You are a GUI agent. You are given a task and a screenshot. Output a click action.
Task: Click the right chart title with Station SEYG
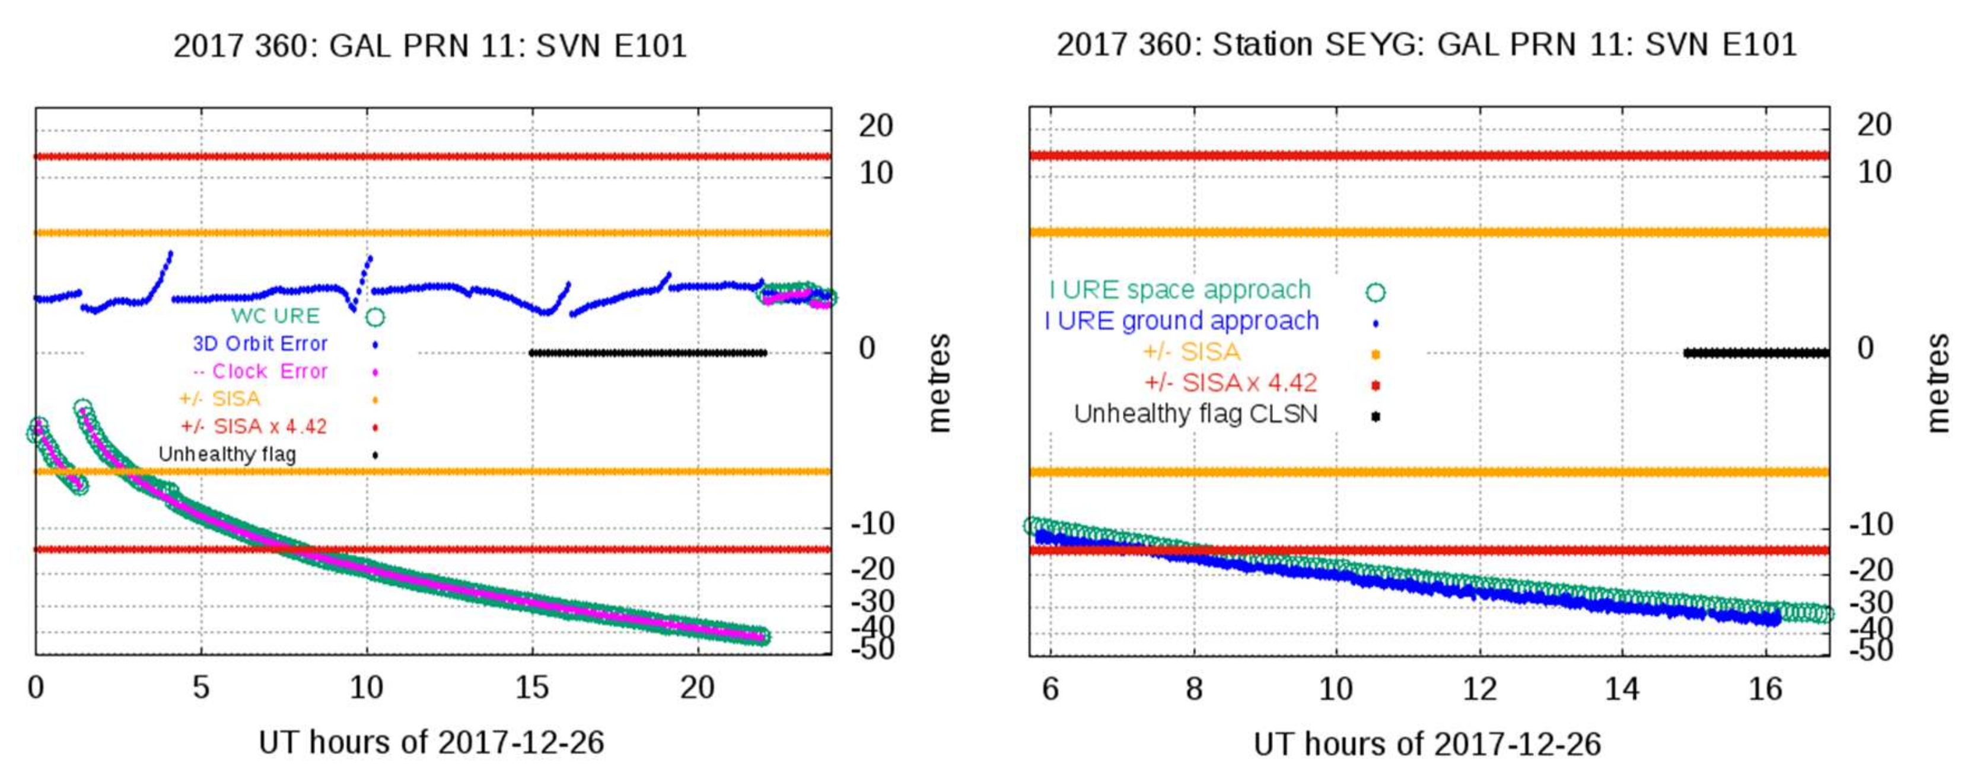tap(1426, 44)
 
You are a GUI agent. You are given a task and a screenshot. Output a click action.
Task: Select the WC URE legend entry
tap(276, 315)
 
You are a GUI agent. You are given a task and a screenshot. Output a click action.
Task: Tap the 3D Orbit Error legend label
tap(260, 343)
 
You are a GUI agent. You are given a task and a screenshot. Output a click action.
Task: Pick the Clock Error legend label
tap(260, 371)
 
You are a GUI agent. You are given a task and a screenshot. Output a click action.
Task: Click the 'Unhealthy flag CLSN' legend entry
tap(1195, 414)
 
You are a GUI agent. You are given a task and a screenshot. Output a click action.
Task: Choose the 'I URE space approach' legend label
tap(1180, 290)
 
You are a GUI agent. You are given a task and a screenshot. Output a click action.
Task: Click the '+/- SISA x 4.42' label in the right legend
tap(1231, 382)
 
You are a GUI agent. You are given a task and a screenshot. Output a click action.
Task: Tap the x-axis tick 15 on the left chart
tap(532, 688)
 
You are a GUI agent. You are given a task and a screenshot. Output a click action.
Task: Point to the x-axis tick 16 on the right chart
tap(1766, 689)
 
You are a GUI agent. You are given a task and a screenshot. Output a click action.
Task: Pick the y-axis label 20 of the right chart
tap(1874, 125)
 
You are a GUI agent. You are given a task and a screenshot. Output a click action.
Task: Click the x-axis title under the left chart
tap(431, 742)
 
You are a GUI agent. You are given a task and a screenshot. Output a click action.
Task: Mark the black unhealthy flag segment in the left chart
tap(648, 353)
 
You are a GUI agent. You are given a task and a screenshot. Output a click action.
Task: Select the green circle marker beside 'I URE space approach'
tap(1376, 292)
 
